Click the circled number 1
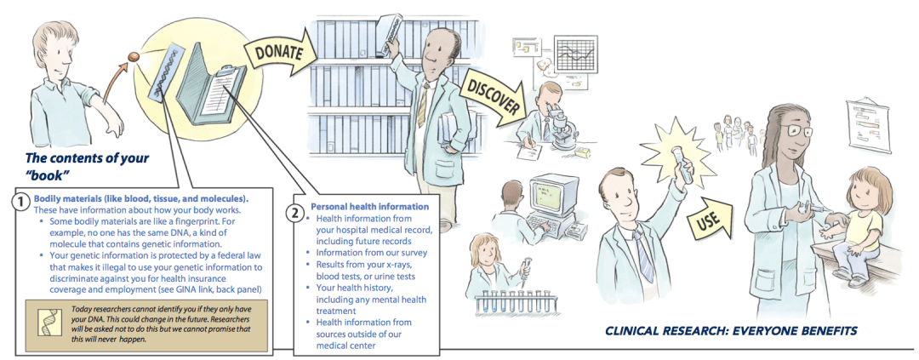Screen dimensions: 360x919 (x=19, y=202)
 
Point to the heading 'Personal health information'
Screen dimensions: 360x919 (x=369, y=206)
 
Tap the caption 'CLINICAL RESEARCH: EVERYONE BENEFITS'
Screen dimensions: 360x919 (x=731, y=330)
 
